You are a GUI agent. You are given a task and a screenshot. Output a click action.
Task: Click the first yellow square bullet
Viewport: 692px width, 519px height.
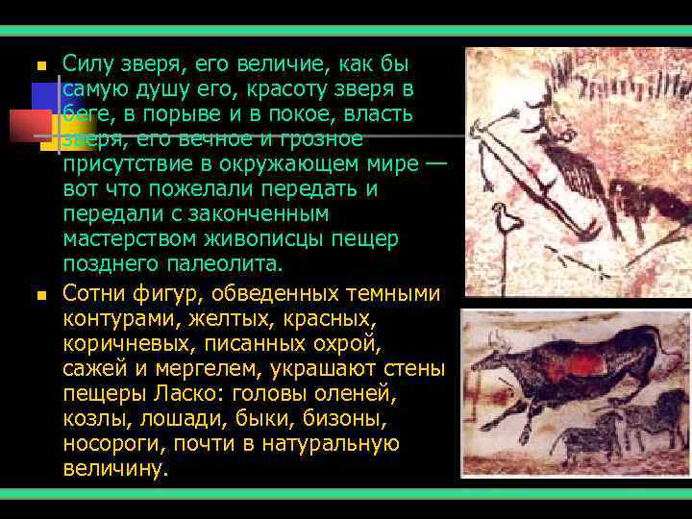tap(40, 66)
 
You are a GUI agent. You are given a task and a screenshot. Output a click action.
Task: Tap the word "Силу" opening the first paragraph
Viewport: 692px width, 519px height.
tap(85, 64)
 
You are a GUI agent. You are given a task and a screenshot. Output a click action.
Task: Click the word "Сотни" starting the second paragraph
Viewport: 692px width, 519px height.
tap(92, 292)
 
